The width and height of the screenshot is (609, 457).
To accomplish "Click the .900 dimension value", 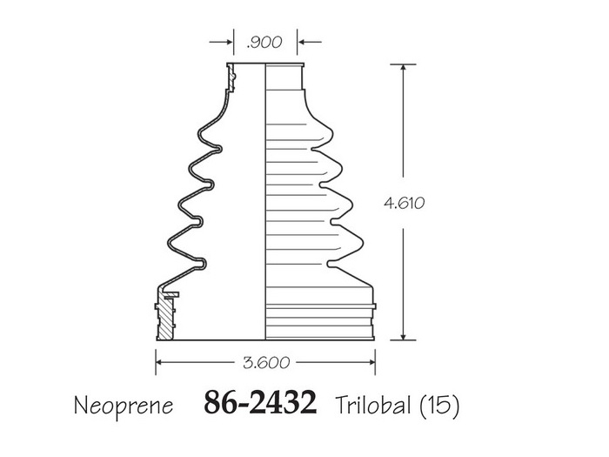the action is [x=264, y=42].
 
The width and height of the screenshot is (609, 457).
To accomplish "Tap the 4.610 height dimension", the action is [x=404, y=203].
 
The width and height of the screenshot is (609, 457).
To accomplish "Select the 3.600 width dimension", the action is [x=266, y=363].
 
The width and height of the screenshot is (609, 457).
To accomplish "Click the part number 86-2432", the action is [x=260, y=402].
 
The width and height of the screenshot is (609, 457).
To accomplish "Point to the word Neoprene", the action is [x=124, y=407].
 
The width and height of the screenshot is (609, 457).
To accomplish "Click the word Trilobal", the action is [x=373, y=405].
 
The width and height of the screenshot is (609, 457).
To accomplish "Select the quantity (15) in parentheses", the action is [x=439, y=405].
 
